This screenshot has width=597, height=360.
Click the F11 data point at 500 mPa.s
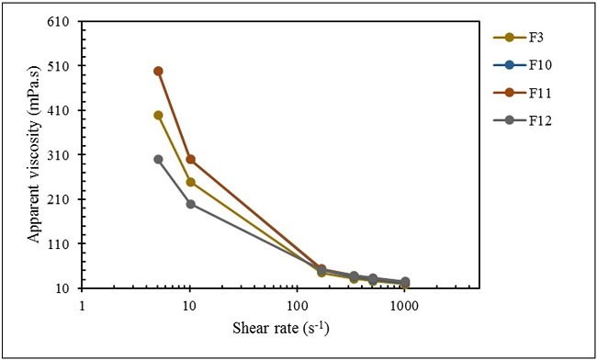pyautogui.click(x=158, y=71)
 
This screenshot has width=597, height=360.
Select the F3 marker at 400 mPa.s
pyautogui.click(x=158, y=115)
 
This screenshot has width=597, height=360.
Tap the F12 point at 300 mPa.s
pyautogui.click(x=158, y=159)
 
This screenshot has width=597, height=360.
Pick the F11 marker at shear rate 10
pyautogui.click(x=190, y=159)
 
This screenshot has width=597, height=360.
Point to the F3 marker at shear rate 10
pyautogui.click(x=190, y=182)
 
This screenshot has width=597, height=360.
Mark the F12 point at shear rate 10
pyautogui.click(x=190, y=204)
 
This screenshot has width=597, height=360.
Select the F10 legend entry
pyautogui.click(x=529, y=65)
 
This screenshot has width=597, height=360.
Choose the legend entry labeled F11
pyautogui.click(x=529, y=93)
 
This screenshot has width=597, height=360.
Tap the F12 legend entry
pyautogui.click(x=529, y=120)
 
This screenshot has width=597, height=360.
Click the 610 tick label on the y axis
pyautogui.click(x=64, y=22)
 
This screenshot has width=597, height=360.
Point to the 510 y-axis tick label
pyautogui.click(x=64, y=66)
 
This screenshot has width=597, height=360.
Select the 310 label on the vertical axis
pyautogui.click(x=64, y=155)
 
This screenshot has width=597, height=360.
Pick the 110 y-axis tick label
pyautogui.click(x=64, y=244)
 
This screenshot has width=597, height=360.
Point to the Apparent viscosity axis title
pyautogui.click(x=33, y=154)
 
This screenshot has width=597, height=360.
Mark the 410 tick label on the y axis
pyautogui.click(x=64, y=111)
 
